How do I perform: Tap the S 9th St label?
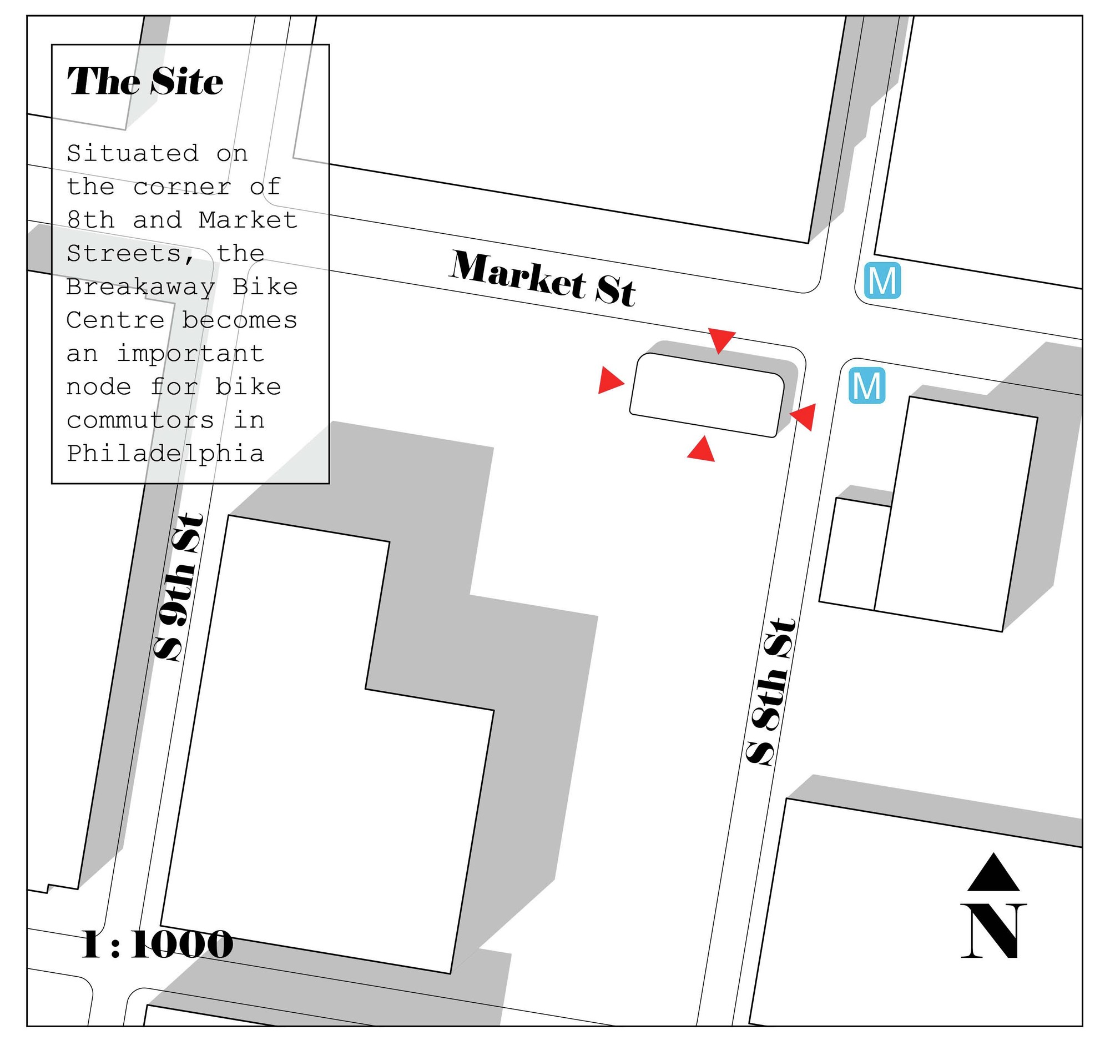coord(178,587)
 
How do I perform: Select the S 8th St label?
coord(770,691)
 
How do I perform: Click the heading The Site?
coord(145,82)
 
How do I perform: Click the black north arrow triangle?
coord(993,872)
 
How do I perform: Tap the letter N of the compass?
coord(993,931)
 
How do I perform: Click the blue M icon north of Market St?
coord(882,280)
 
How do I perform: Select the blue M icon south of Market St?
coord(866,385)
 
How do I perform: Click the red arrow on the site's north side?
coord(722,339)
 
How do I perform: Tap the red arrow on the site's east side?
coord(805,416)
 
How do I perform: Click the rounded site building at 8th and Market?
coord(707,395)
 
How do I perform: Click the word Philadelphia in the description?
coord(165,454)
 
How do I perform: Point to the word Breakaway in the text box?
coord(141,287)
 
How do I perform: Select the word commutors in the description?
coord(140,420)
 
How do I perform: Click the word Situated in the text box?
coord(132,153)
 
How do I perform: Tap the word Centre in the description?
coord(115,320)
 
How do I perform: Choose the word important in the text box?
coord(190,354)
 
